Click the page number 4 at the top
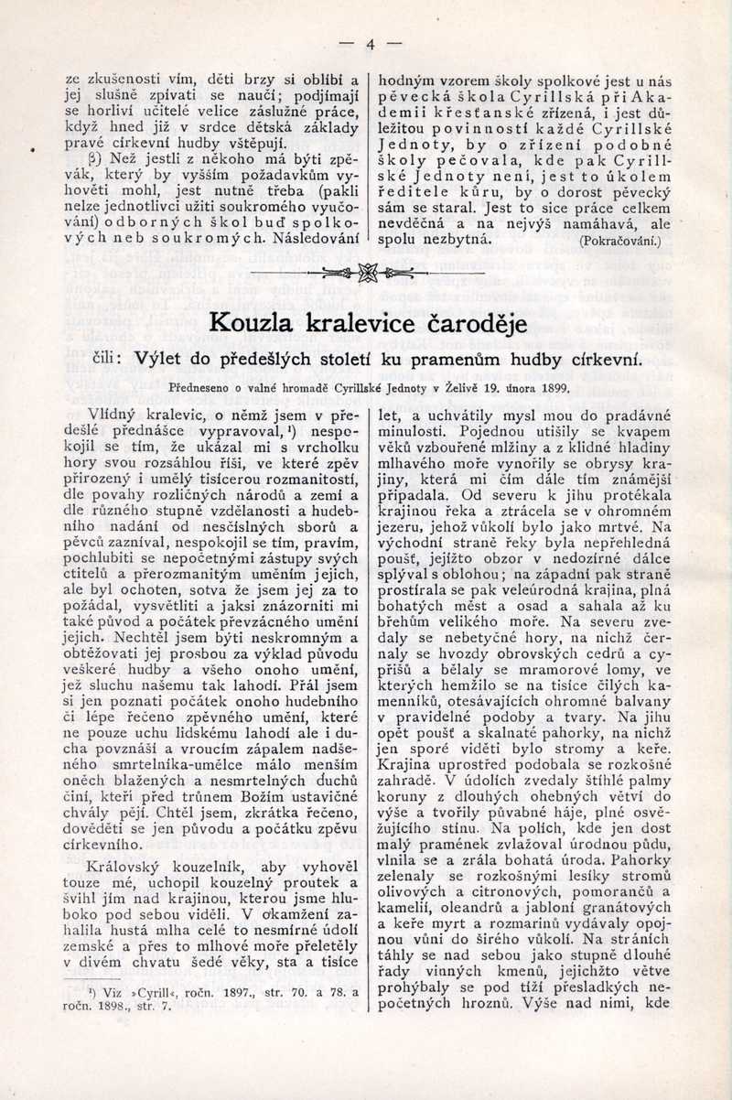[x=371, y=43]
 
